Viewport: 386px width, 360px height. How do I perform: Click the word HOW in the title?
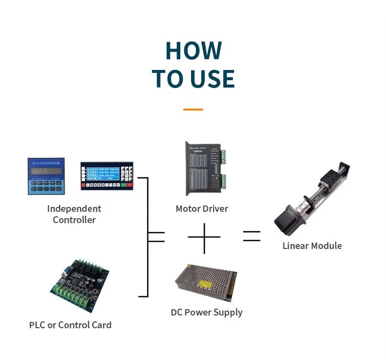coord(193,50)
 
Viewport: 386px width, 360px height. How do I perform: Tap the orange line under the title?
coord(193,110)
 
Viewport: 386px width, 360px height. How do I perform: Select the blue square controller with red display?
coord(46,176)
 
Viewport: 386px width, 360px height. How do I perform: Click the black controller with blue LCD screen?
coord(107,175)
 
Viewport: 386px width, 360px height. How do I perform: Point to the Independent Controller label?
coord(74,214)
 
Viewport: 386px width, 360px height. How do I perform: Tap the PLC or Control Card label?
coord(70,325)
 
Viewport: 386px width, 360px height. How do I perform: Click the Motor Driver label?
coord(202,209)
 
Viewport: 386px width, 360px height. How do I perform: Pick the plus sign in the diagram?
coord(204,237)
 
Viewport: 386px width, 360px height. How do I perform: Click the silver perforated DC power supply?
coord(206,283)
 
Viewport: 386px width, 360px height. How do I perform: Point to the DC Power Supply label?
coord(207,312)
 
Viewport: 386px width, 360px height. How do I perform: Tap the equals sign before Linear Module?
coord(252,237)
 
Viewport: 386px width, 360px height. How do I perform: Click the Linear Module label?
coord(312,246)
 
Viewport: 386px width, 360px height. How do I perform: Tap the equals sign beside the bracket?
coord(156,237)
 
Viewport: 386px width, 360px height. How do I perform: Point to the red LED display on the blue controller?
coord(46,171)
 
